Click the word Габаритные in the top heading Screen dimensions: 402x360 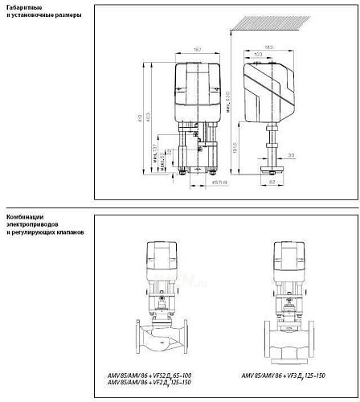[x=22, y=7]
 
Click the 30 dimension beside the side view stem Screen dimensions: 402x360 [x=292, y=155]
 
